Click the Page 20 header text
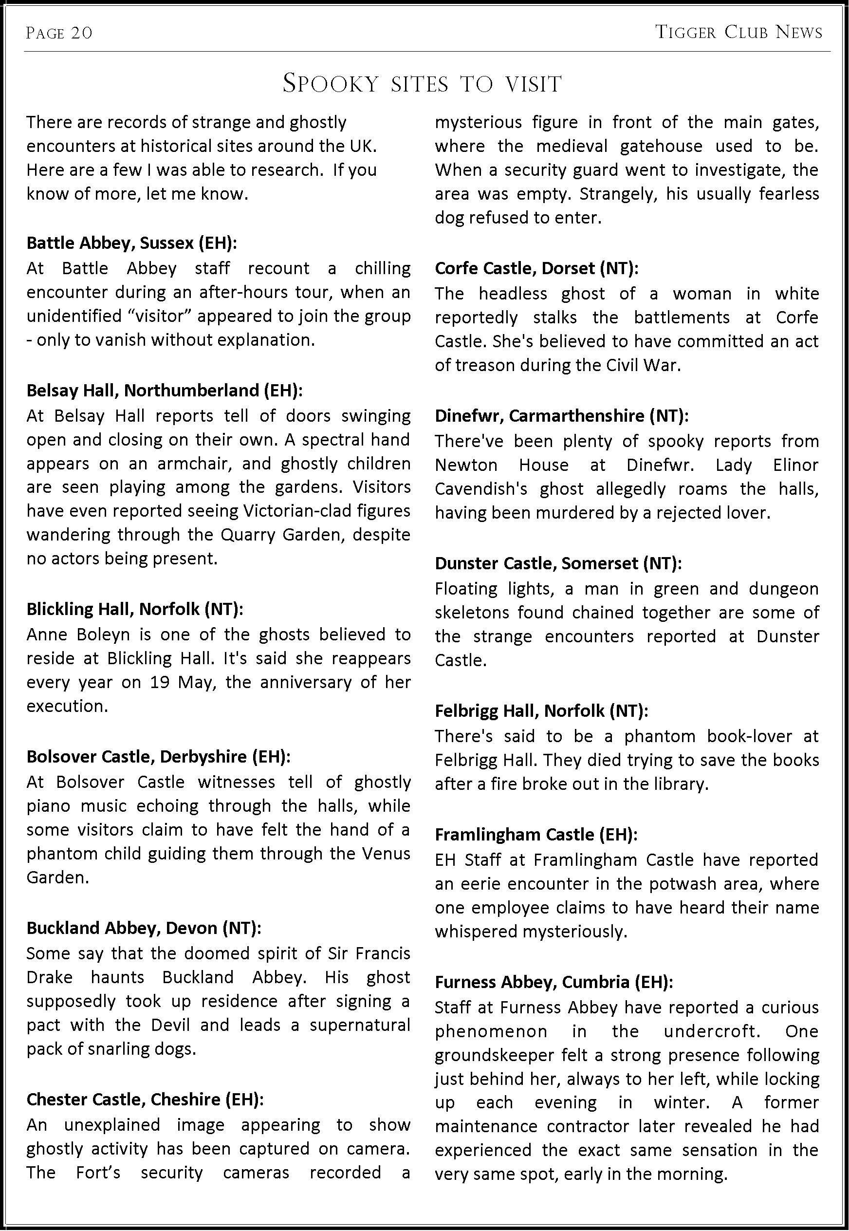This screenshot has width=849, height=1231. tap(59, 33)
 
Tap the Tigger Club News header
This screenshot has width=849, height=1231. tap(738, 33)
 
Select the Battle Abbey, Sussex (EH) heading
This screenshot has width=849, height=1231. tap(131, 242)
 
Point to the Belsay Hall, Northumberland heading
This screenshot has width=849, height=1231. tap(165, 391)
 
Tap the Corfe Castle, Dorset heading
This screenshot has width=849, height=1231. tap(536, 268)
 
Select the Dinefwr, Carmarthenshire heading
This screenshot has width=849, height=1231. tap(561, 415)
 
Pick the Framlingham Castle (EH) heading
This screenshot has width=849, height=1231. tap(535, 834)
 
